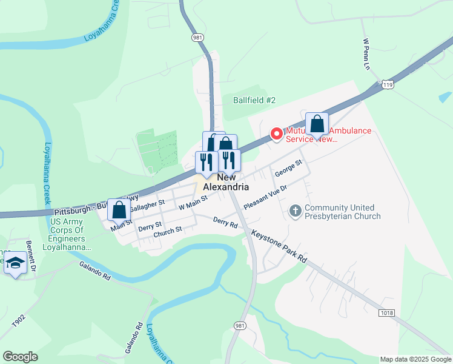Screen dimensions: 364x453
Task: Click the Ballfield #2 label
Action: click(x=255, y=100)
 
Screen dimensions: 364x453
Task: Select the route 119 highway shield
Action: click(x=388, y=86)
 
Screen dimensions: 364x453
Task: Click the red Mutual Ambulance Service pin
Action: click(x=276, y=133)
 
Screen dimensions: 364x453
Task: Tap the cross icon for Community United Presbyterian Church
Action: click(x=296, y=211)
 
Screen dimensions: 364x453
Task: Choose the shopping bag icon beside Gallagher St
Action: click(x=119, y=210)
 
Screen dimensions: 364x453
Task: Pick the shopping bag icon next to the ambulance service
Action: click(x=317, y=124)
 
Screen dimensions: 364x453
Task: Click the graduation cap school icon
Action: click(x=15, y=263)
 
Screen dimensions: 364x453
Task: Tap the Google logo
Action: click(x=20, y=357)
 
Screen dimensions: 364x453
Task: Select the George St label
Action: click(x=288, y=169)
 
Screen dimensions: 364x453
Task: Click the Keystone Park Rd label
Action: click(x=279, y=246)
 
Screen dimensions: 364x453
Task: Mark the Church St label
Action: click(x=168, y=231)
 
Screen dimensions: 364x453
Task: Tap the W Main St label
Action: click(x=193, y=202)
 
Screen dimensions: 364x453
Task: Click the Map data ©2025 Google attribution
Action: click(x=415, y=359)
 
